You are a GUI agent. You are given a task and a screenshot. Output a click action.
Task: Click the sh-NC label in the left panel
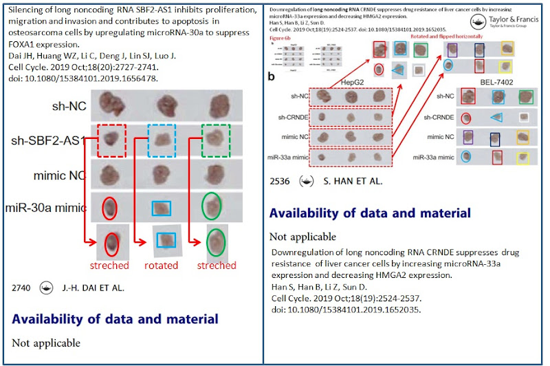point(64,106)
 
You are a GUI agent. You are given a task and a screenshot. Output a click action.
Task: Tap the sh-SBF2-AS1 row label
point(47,140)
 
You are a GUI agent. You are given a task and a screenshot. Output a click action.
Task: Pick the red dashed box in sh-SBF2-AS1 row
point(111,140)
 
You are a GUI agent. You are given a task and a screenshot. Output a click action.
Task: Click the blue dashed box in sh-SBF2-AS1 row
point(163,141)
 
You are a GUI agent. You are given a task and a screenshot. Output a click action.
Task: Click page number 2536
point(282,184)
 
